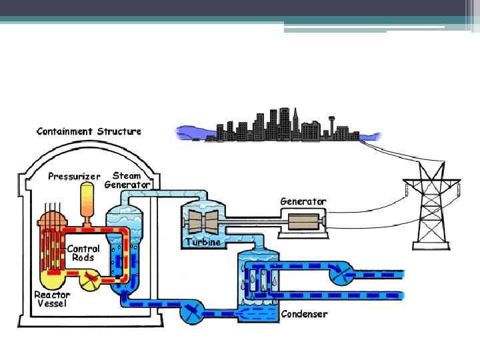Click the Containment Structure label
point(89,131)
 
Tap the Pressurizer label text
point(74,177)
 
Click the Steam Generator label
point(128,180)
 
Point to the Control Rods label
point(83,253)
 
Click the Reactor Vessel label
point(52,298)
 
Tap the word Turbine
point(203,242)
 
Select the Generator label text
point(303,201)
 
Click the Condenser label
point(304,313)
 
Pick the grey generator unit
point(304,221)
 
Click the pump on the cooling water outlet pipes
point(344,272)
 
